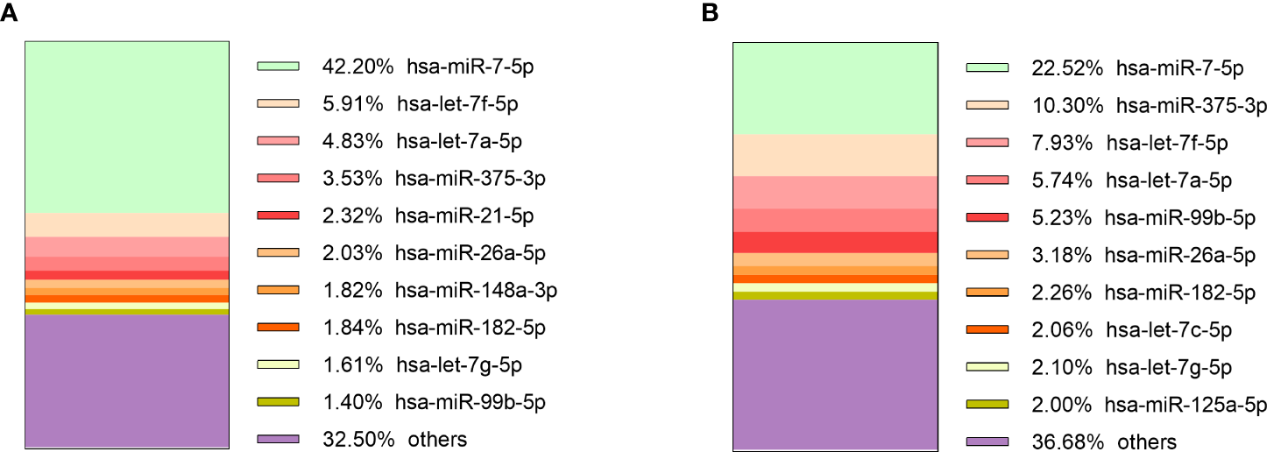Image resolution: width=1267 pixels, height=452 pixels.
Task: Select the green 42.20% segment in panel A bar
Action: tap(127, 127)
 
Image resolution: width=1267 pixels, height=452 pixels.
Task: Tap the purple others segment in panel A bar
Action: tap(127, 380)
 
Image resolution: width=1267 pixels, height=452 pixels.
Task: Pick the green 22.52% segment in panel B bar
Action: tap(834, 88)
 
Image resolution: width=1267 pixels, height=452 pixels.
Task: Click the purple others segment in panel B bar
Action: tap(834, 374)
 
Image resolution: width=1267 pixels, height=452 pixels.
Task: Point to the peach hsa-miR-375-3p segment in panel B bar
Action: tap(834, 155)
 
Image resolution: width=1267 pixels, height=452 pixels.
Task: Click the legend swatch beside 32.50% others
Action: tap(279, 439)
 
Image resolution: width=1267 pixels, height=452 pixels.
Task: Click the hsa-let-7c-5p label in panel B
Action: tap(1170, 329)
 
